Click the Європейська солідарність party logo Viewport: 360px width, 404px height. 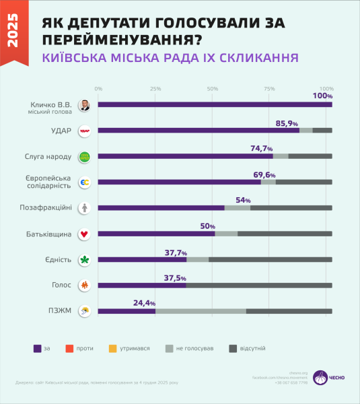click(85, 182)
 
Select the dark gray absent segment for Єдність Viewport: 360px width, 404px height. click(270, 259)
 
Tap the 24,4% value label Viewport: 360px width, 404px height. click(144, 303)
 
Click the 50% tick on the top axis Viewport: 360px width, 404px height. click(213, 89)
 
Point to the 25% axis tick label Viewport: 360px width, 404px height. click(155, 89)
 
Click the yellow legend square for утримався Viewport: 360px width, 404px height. click(112, 348)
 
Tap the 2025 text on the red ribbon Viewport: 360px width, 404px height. click(12, 31)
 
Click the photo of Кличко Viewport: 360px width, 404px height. click(85, 105)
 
